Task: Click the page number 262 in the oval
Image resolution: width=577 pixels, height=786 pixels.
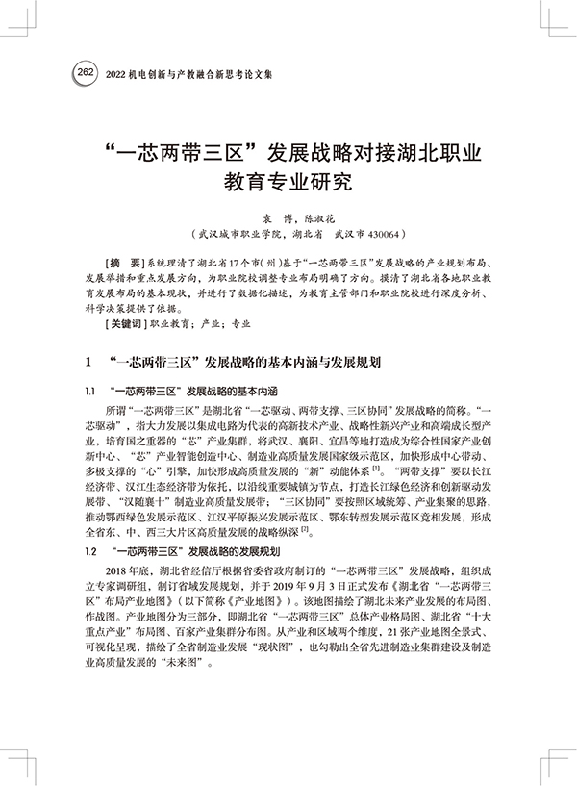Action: [x=85, y=72]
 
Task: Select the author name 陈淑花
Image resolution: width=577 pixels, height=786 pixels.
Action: [x=326, y=219]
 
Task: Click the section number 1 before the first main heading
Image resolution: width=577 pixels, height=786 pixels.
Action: [x=88, y=365]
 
